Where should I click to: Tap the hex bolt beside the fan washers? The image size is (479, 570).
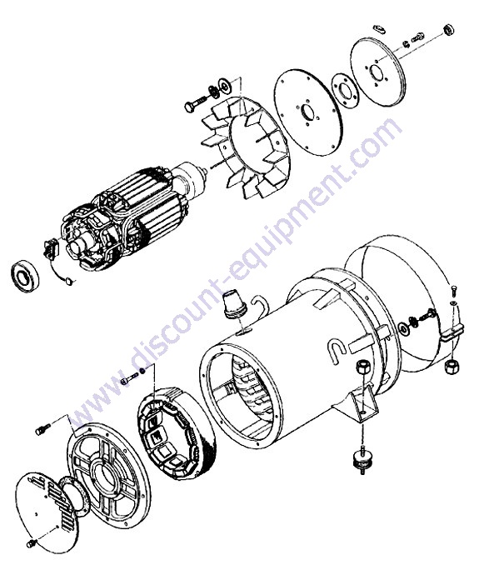(195, 104)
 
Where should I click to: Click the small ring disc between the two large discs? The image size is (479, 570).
(345, 91)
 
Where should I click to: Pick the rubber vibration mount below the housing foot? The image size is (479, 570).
(362, 460)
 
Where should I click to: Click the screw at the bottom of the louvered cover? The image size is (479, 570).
(32, 544)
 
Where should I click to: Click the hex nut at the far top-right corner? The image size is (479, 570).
(449, 29)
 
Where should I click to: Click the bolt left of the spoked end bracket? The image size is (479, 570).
(42, 428)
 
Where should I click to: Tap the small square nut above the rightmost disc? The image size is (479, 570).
(379, 28)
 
